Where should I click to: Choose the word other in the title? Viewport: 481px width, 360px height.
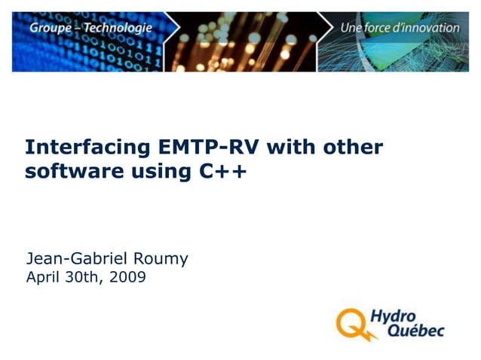point(353,147)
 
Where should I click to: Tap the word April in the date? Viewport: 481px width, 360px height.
point(44,277)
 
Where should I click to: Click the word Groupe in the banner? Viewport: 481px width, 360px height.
point(48,29)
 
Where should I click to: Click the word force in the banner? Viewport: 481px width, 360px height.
point(378,28)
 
